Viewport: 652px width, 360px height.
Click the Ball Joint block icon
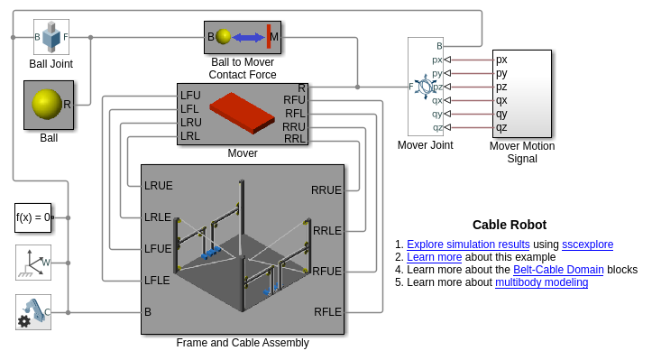pos(51,37)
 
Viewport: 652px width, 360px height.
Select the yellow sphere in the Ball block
pos(47,104)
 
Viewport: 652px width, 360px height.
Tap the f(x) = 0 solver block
pos(32,217)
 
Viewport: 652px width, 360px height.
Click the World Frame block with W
pos(33,263)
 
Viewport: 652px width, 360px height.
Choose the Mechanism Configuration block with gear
pos(33,312)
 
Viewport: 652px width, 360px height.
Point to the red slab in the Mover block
pos(242,113)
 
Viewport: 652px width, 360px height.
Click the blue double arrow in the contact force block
pos(248,38)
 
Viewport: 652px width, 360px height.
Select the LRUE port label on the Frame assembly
pos(159,186)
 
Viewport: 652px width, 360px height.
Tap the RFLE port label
pos(327,311)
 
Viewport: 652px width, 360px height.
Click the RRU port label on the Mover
pos(294,126)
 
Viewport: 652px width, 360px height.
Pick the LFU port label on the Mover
pos(190,96)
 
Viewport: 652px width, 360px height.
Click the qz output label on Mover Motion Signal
pos(501,128)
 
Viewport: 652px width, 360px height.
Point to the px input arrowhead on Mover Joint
pos(447,60)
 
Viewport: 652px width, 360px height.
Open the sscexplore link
pos(588,245)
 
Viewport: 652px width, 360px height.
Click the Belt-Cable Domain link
pos(558,270)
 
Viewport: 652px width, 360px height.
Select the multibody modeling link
pos(541,282)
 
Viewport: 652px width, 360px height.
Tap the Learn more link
pos(434,257)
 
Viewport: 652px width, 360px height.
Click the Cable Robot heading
pos(510,225)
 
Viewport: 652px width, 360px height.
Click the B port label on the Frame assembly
pos(148,311)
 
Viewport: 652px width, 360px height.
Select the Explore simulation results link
pos(468,245)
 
